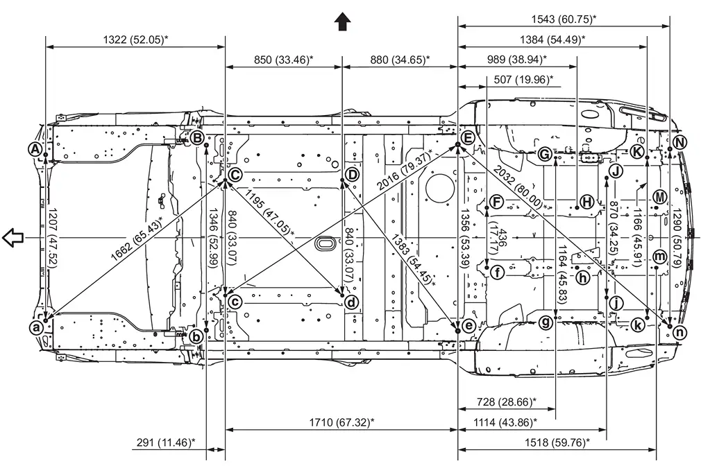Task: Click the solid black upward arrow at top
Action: point(342,21)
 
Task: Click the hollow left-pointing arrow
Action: point(12,237)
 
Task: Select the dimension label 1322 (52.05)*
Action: point(136,40)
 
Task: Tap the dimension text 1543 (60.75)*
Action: point(564,19)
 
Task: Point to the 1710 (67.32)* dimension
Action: point(341,422)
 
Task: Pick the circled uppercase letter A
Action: point(35,149)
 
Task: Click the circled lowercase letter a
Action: point(35,328)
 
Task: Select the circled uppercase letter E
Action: point(468,137)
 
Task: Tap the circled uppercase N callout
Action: point(679,142)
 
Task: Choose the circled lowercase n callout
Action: point(679,332)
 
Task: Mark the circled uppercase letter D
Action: point(353,174)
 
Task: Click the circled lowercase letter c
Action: point(235,302)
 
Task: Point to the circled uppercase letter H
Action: point(586,202)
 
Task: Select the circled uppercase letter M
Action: point(659,197)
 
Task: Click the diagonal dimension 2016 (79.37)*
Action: point(405,170)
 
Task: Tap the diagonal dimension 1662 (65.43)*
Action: point(136,238)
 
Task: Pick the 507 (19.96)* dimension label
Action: point(523,80)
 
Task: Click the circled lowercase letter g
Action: point(546,322)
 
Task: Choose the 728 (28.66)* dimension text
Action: point(507,401)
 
